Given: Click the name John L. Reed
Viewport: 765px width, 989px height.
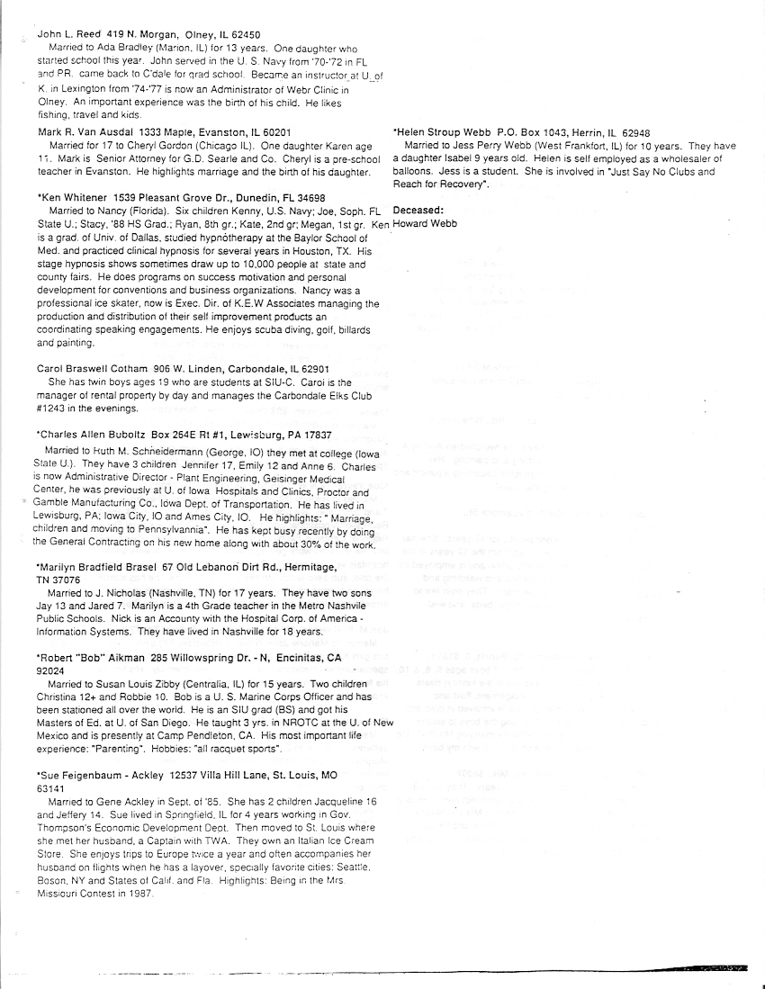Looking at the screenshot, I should [69, 34].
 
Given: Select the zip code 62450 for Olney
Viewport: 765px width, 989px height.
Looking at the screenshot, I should [242, 34].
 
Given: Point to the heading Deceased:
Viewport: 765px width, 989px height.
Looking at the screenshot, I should [418, 211].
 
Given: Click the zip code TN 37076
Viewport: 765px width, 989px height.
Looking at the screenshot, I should [52, 580].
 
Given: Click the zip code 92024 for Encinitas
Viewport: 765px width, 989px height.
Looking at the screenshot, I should [51, 671].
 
